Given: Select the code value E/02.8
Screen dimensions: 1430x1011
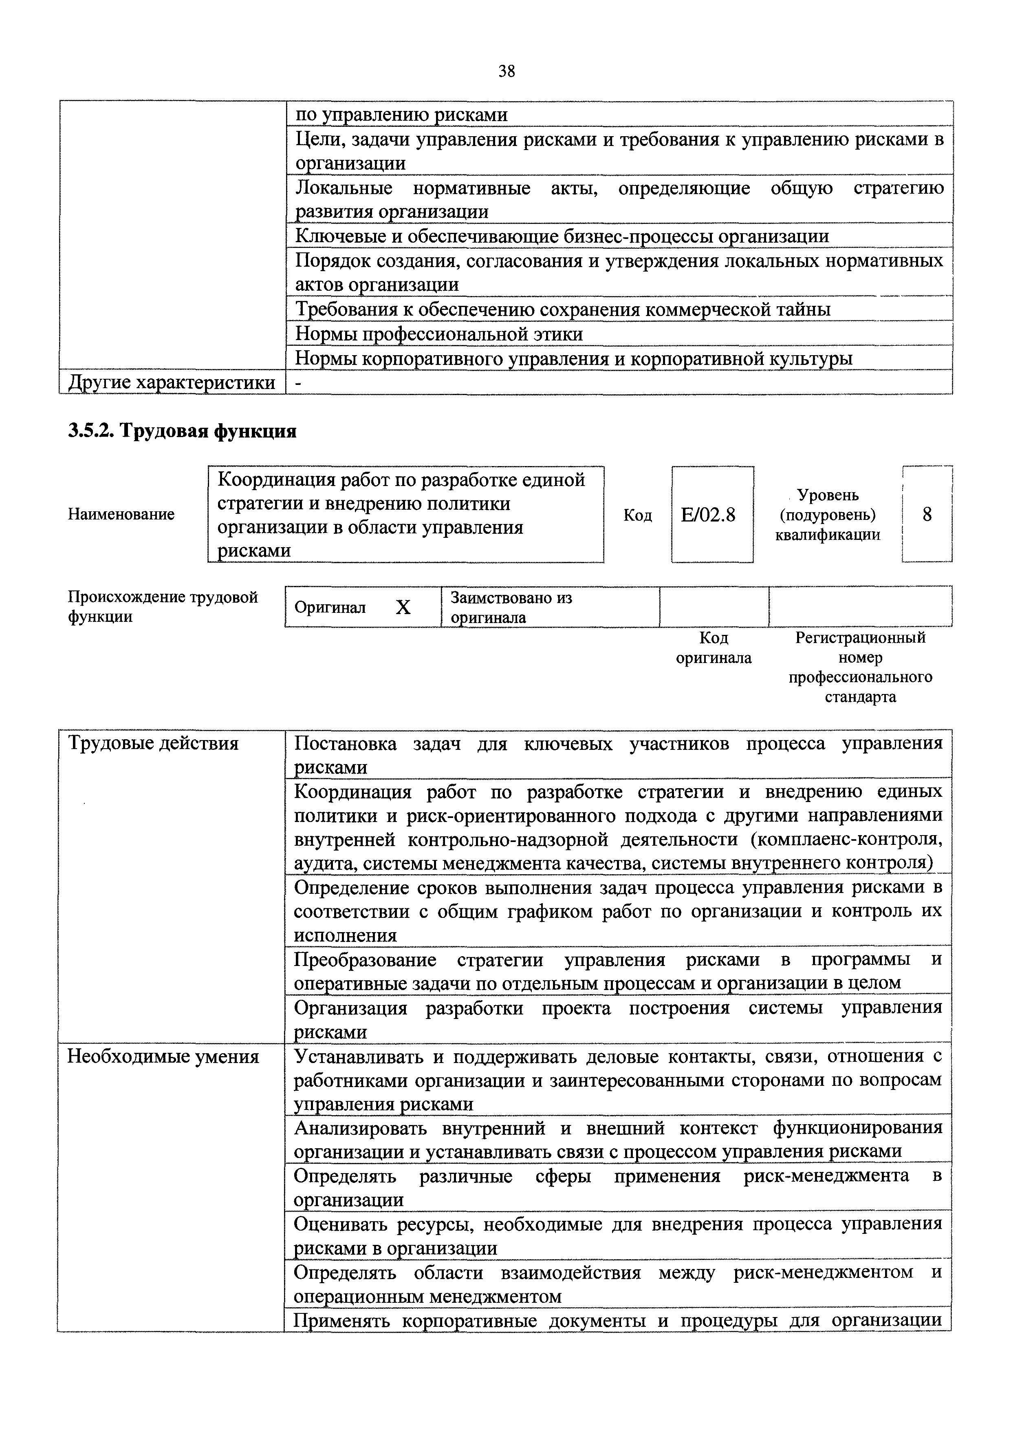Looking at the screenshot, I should pyautogui.click(x=709, y=515).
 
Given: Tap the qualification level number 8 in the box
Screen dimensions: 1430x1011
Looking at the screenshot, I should pyautogui.click(x=927, y=515).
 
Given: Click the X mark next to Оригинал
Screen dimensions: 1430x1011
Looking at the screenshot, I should pyautogui.click(x=403, y=607).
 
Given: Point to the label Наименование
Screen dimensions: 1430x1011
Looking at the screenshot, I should pyautogui.click(x=121, y=515).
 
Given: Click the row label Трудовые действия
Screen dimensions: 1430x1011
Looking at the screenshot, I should pyautogui.click(x=153, y=743).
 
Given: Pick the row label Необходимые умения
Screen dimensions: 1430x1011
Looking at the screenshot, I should pyautogui.click(x=163, y=1056).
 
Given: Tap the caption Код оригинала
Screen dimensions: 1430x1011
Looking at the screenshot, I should pyautogui.click(x=714, y=648).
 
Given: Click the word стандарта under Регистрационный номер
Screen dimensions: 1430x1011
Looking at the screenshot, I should pyautogui.click(x=861, y=697).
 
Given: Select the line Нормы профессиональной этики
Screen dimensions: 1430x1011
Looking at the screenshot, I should pyautogui.click(x=439, y=334).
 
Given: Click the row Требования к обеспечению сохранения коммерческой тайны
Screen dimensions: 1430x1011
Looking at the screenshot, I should pyautogui.click(x=562, y=309).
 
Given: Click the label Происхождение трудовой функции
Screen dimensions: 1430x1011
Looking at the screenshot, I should pyautogui.click(x=163, y=607).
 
